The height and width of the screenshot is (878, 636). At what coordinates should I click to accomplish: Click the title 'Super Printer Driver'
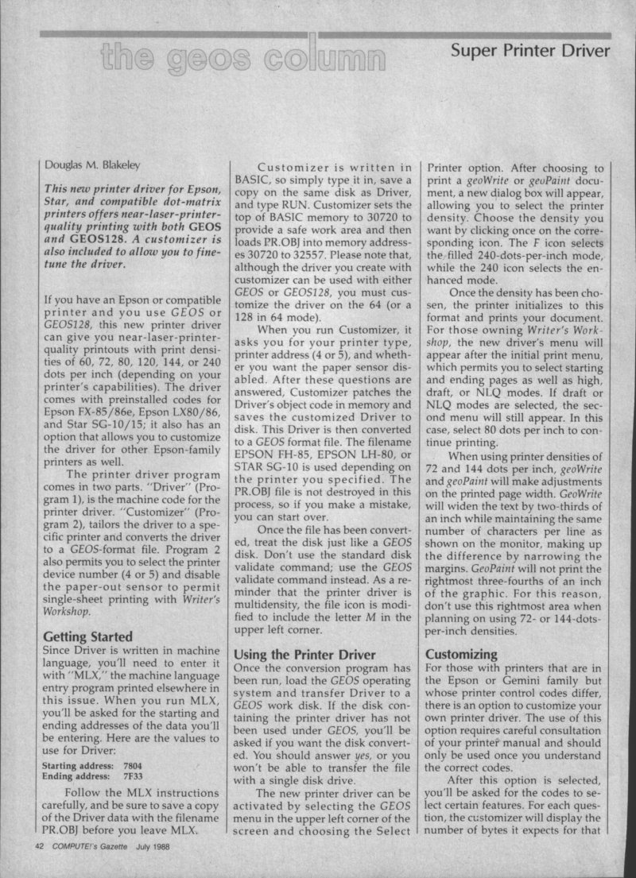(530, 52)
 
